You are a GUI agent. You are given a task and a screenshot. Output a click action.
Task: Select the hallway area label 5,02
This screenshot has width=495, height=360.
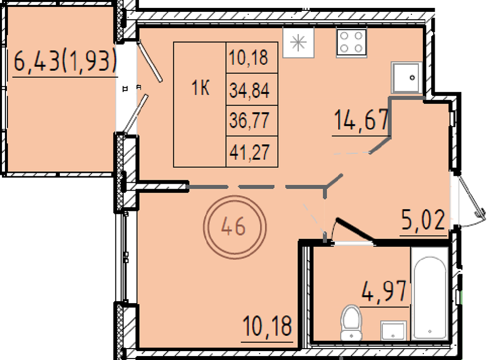pos(423,220)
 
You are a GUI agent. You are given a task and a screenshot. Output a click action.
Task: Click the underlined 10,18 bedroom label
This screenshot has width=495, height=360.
pos(267,326)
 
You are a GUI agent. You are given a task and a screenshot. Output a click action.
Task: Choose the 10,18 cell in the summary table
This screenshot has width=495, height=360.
pos(248,57)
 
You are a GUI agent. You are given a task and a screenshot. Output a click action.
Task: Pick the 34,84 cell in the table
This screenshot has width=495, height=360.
pos(249,90)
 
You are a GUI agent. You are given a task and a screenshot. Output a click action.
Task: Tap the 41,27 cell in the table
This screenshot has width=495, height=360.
pos(249,152)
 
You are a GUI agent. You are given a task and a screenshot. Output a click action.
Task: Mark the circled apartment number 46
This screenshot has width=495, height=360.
pos(235,227)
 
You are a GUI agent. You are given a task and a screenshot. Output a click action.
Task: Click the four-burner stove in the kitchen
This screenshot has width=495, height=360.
pos(351,43)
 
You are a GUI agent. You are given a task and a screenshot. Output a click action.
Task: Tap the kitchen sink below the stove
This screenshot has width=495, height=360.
pos(406,78)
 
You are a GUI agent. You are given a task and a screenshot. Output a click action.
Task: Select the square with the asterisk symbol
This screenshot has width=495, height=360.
pos(298,43)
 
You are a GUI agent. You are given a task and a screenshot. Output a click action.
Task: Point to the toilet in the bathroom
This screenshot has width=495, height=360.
pos(351,322)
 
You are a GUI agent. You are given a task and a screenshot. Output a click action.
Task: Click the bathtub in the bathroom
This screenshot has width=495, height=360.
pos(430,294)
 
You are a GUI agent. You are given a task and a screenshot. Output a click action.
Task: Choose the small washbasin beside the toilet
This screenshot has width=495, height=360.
pos(394,330)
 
